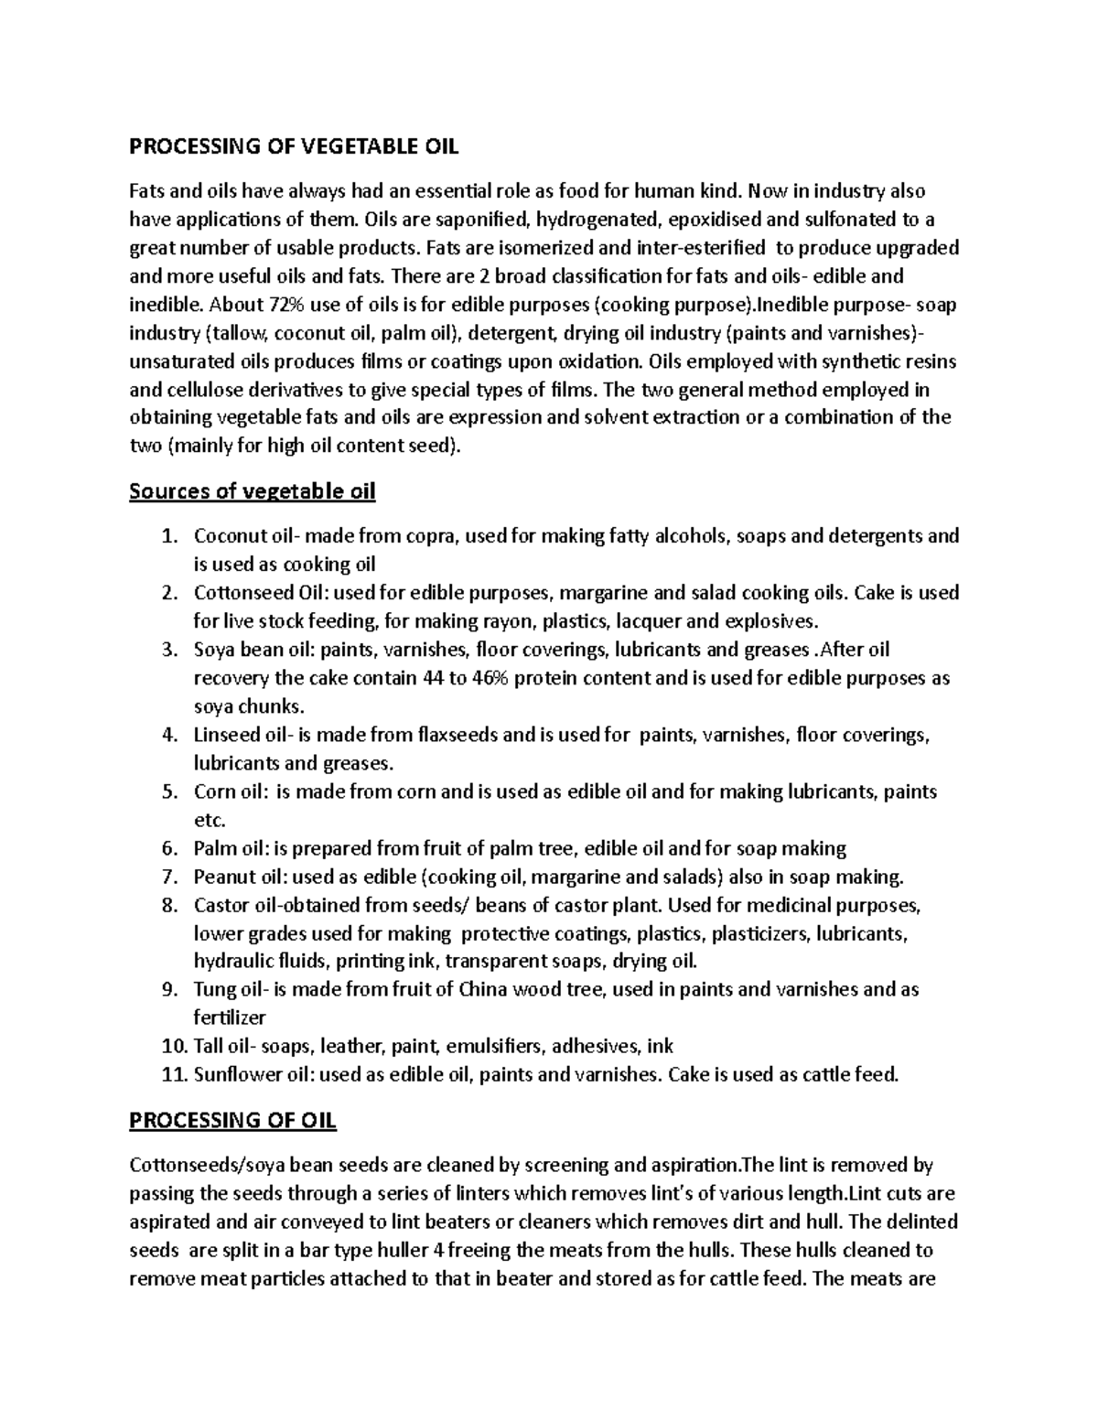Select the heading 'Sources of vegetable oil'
pos(253,492)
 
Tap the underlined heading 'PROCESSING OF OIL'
pos(233,1120)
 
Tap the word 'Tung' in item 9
pos(212,990)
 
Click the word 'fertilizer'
pos(230,1018)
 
